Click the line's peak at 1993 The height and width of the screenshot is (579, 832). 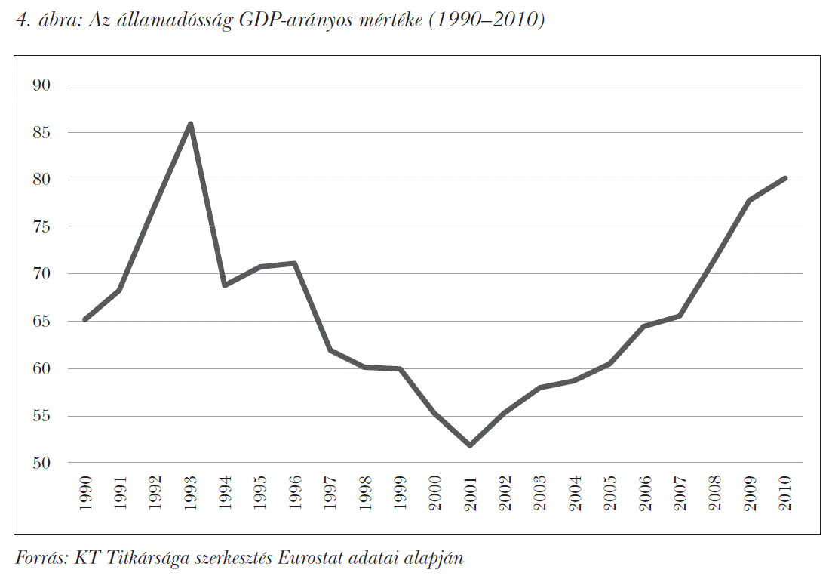click(x=190, y=124)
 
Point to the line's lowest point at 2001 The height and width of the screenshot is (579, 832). click(x=470, y=445)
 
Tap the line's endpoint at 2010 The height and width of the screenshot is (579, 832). click(x=784, y=178)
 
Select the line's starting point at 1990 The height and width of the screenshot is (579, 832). click(x=85, y=319)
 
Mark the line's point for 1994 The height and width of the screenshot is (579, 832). click(x=225, y=285)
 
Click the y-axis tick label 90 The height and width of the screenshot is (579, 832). click(x=41, y=85)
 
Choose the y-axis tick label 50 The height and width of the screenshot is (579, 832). click(x=41, y=463)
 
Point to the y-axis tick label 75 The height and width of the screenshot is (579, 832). click(x=41, y=226)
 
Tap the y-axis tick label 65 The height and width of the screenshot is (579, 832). click(x=41, y=321)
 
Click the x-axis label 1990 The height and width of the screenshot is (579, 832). click(x=85, y=493)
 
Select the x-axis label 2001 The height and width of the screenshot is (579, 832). click(x=470, y=493)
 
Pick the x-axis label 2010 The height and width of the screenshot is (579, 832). click(x=784, y=493)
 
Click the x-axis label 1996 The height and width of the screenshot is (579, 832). click(x=295, y=493)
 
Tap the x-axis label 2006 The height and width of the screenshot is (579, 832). click(x=645, y=493)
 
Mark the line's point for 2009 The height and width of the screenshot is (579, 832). click(x=750, y=200)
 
